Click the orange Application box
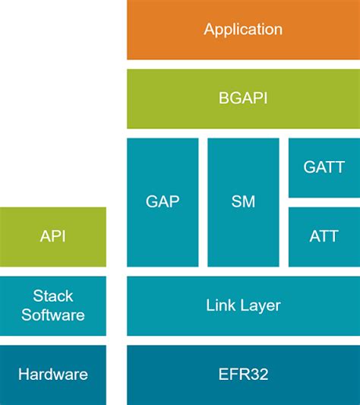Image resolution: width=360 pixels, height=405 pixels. click(243, 30)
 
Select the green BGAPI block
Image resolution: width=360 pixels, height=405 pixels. click(243, 99)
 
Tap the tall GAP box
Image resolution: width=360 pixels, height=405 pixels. click(163, 202)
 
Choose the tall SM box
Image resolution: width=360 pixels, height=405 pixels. click(243, 202)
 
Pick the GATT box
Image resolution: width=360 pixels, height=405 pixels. click(324, 167)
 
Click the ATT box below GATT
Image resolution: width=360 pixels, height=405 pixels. click(324, 236)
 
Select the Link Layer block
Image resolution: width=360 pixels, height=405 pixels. click(243, 305)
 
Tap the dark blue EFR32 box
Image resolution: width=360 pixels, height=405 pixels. click(243, 375)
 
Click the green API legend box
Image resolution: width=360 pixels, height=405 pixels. click(53, 236)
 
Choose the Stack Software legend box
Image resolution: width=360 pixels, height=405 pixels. click(53, 305)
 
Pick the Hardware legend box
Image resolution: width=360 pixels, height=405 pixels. click(53, 375)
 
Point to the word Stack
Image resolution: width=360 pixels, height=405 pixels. click(52, 296)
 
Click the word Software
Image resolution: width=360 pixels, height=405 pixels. click(53, 315)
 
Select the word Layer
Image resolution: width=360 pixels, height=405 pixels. click(260, 306)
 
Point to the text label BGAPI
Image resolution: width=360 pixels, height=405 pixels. click(243, 99)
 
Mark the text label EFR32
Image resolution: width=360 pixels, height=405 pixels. click(243, 375)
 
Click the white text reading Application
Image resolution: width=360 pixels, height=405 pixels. click(243, 30)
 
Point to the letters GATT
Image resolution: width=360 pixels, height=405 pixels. click(324, 167)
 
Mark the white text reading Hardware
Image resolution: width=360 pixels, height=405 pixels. click(53, 375)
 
